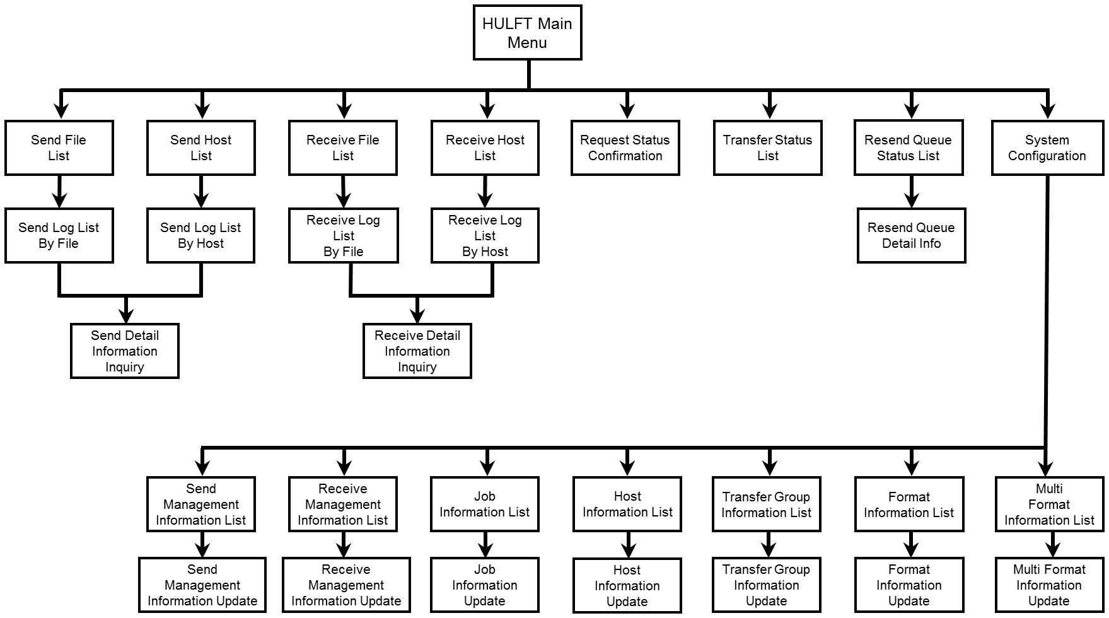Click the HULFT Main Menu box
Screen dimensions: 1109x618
pos(527,33)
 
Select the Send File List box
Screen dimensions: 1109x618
pos(59,148)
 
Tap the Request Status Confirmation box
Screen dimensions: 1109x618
pos(625,148)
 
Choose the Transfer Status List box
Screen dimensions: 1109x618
pos(768,148)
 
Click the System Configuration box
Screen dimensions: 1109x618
pos(1047,148)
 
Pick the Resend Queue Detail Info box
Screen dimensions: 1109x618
pos(912,235)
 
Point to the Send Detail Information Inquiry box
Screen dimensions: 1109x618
pos(125,351)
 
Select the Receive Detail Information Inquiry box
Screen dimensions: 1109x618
pos(417,351)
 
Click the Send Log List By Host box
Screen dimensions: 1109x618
pos(201,235)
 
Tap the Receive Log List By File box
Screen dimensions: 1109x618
pos(344,235)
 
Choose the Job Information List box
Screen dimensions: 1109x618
pos(485,504)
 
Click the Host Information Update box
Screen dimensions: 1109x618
pos(627,585)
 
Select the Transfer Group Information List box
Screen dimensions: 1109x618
pos(767,504)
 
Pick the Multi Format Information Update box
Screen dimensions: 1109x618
pos(1050,585)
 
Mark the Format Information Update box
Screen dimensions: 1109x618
pos(909,585)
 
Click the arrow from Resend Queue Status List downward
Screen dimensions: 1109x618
pos(912,191)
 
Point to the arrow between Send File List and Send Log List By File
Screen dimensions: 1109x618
pos(59,191)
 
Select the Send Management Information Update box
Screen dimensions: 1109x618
pos(202,585)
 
